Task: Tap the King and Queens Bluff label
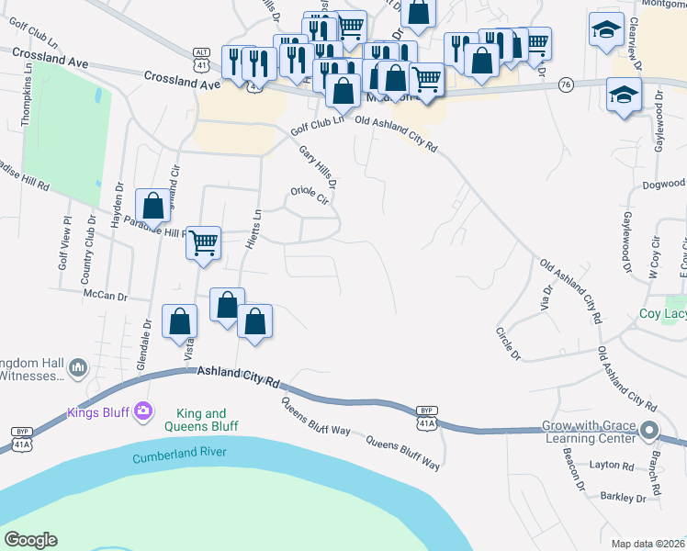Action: (x=201, y=421)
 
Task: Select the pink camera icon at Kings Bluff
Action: (x=141, y=410)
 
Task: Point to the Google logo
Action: (x=30, y=540)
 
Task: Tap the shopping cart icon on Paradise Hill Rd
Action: (x=204, y=243)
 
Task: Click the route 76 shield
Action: (x=566, y=84)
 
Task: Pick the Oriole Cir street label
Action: (x=310, y=194)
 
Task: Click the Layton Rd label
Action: (x=612, y=466)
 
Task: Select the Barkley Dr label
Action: (x=625, y=498)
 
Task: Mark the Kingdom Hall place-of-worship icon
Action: (x=78, y=367)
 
